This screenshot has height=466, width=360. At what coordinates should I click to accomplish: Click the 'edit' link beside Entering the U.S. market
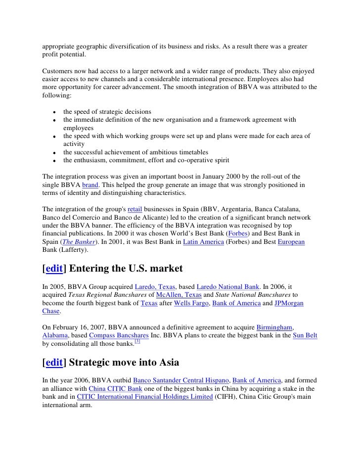[x=54, y=269]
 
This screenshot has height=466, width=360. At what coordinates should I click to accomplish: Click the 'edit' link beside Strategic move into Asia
[x=54, y=363]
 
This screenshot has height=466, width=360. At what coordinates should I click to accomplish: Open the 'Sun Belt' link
[x=305, y=335]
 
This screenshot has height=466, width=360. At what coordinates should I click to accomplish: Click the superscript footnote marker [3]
[x=138, y=341]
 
